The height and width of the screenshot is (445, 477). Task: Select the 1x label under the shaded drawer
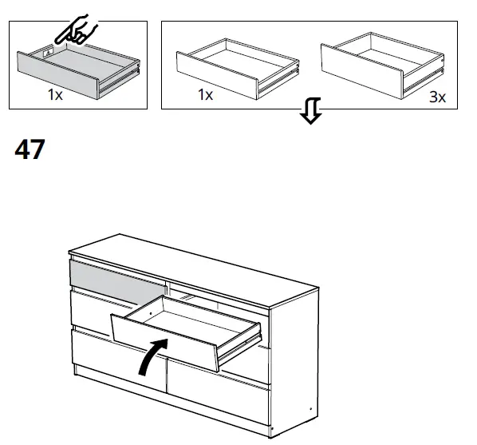[55, 94]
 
